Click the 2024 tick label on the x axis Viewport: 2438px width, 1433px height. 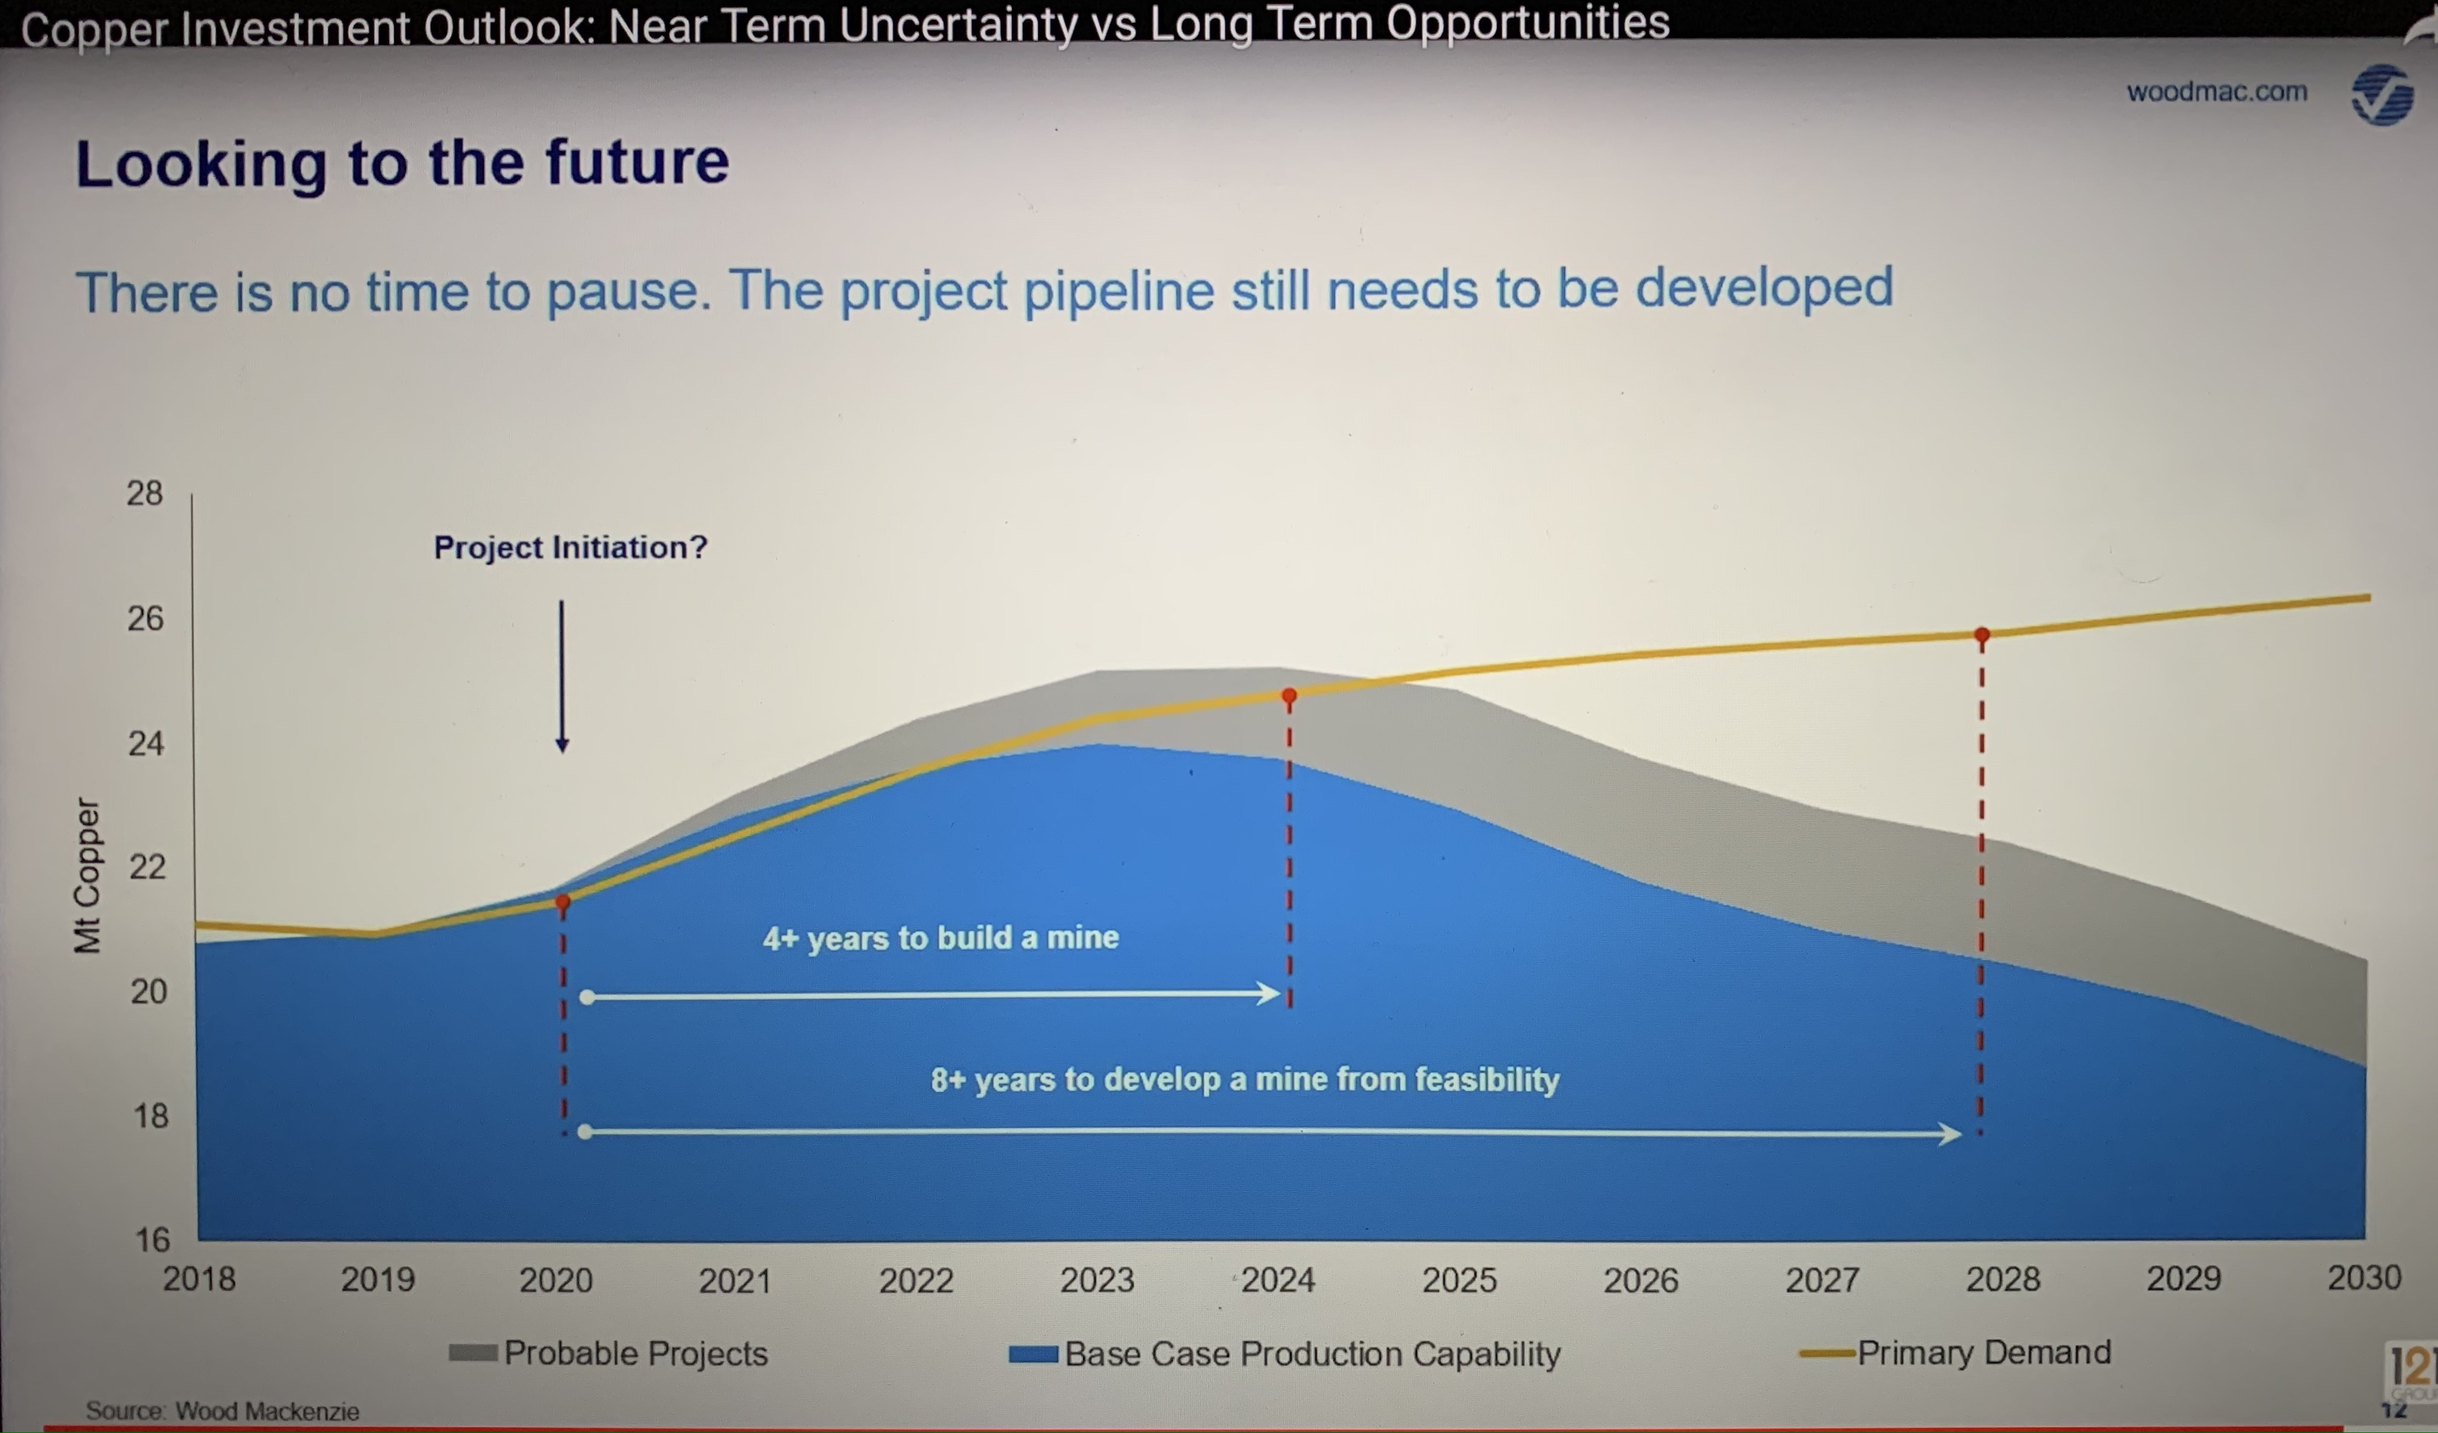point(1278,1280)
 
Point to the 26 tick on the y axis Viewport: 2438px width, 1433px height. point(145,618)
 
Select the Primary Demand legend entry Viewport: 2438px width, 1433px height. point(1954,1352)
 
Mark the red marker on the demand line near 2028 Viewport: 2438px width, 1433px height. point(1981,636)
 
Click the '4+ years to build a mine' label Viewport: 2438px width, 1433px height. point(940,938)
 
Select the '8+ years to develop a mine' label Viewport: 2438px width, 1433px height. point(1245,1079)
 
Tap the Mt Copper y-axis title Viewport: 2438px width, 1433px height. point(87,876)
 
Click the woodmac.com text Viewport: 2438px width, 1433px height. point(2217,92)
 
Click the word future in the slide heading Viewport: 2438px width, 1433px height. point(637,162)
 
